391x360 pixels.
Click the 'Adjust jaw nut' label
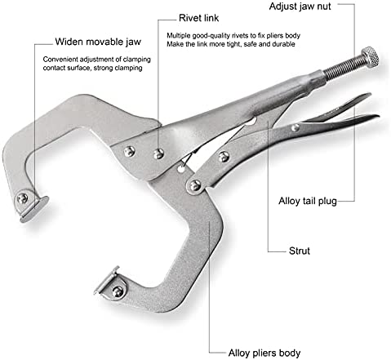click(x=300, y=7)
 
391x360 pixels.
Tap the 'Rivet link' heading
click(x=198, y=18)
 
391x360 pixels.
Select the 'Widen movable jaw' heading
click(x=98, y=42)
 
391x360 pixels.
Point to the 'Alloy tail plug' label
click(x=308, y=201)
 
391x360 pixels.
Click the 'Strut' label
click(x=300, y=251)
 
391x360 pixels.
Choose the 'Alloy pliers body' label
click(x=264, y=353)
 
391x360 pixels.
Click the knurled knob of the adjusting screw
click(x=370, y=57)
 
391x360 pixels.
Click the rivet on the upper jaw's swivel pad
click(x=22, y=198)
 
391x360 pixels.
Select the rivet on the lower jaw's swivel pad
click(x=118, y=291)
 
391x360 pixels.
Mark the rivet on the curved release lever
click(x=295, y=127)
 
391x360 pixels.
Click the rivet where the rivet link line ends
click(x=158, y=154)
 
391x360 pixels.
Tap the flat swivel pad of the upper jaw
click(x=35, y=210)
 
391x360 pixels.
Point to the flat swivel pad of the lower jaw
click(x=107, y=280)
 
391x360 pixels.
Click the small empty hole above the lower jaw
click(x=180, y=170)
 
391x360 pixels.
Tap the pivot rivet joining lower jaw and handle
click(x=195, y=186)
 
